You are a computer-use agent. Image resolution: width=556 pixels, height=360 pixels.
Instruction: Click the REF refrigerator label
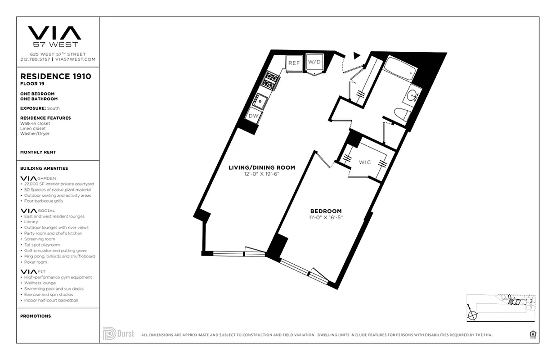coord(294,63)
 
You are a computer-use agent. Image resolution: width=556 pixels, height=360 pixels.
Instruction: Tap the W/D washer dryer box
coord(314,62)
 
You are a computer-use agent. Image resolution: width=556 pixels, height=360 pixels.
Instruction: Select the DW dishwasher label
coord(253,115)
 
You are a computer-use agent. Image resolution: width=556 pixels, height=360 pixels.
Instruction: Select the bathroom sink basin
coord(413,95)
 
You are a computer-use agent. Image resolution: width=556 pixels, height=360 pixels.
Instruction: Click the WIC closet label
coord(365,162)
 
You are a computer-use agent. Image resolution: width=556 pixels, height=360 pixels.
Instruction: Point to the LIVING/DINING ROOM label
coord(262,168)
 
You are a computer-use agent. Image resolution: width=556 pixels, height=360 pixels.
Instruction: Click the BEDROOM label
coord(326,211)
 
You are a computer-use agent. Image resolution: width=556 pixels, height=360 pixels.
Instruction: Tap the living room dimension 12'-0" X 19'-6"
coord(260,174)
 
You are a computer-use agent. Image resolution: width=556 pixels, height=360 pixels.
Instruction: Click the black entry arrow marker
coord(357,55)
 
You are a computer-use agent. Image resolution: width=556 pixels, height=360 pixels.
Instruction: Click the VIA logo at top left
coord(55,33)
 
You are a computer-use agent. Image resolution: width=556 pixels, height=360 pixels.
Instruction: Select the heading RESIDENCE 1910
coord(56,76)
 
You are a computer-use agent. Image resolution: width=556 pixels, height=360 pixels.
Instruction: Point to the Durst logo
coord(119,333)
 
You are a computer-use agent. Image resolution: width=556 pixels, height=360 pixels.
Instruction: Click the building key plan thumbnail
coord(501,307)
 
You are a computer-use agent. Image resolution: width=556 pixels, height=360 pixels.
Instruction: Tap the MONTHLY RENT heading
coord(38,153)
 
